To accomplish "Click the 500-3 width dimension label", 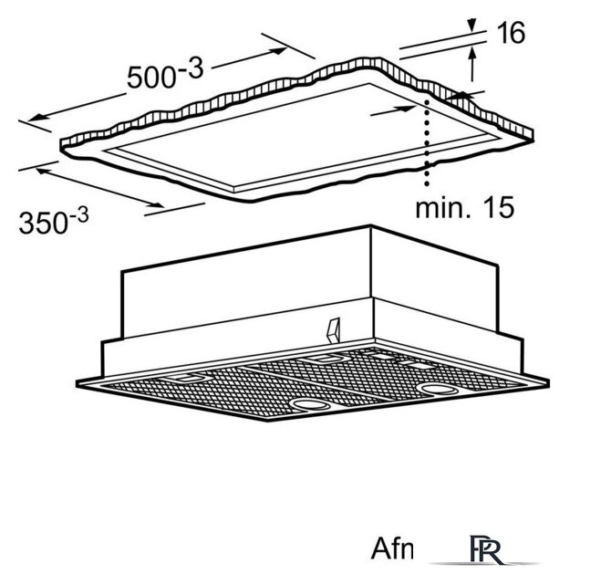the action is (x=165, y=73).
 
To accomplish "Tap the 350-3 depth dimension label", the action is (x=54, y=221).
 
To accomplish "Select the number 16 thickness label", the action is (x=511, y=33).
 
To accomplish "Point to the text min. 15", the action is (x=464, y=207).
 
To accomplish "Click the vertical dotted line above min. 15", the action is (x=427, y=142).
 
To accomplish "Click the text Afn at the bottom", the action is (x=392, y=548).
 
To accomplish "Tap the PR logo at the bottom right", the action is (x=486, y=550).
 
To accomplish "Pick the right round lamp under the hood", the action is (x=438, y=390).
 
